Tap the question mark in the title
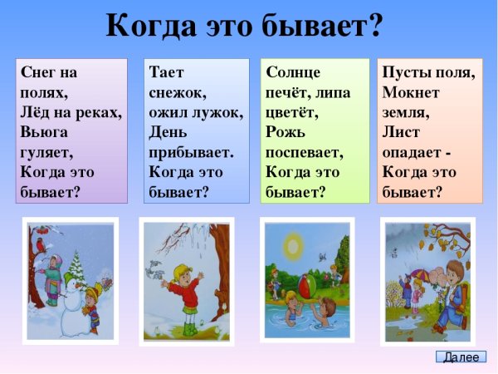click(373, 26)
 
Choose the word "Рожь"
click(287, 132)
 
